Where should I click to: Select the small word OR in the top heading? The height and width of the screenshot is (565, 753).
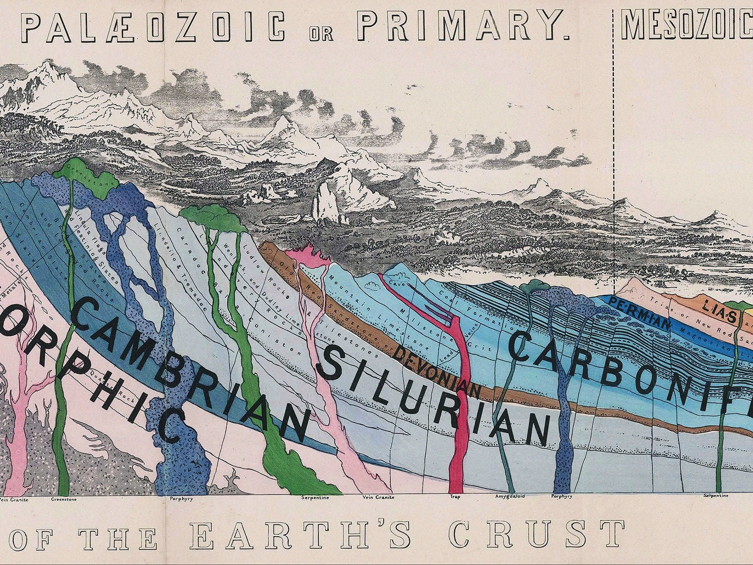[321, 34]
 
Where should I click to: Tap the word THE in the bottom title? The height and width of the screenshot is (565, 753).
[118, 538]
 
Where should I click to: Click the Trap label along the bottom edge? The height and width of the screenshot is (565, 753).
[455, 498]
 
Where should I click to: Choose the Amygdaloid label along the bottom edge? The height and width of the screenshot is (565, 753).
[510, 498]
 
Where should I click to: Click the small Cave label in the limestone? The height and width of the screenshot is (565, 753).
[395, 283]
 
